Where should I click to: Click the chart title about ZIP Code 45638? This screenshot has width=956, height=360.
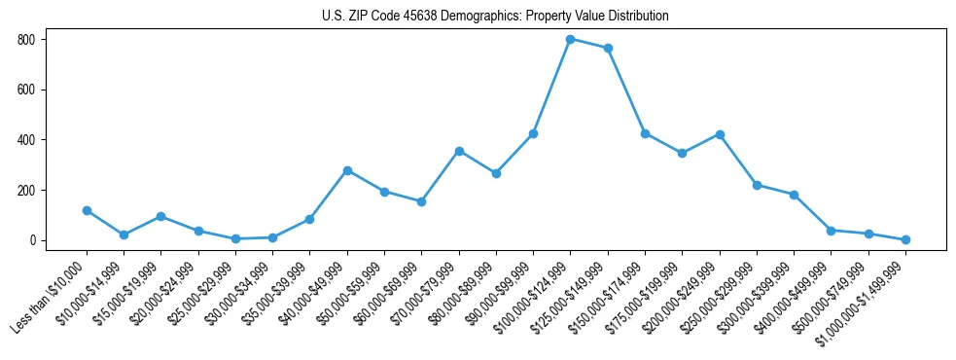[x=495, y=17]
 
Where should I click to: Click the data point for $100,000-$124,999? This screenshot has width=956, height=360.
[x=570, y=39]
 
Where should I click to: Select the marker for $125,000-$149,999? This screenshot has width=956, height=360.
[x=608, y=48]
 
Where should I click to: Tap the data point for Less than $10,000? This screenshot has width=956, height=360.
[x=88, y=210]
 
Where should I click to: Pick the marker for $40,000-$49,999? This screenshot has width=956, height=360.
[x=347, y=170]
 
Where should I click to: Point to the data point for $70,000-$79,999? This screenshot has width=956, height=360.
[x=459, y=151]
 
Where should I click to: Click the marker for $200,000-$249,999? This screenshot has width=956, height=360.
[x=720, y=134]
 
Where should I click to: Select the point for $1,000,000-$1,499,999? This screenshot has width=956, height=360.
[x=905, y=239]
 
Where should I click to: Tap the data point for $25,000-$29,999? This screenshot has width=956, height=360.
[x=236, y=238]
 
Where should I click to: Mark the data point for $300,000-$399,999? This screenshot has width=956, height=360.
[x=794, y=195]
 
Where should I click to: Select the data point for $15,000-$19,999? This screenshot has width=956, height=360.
[x=161, y=216]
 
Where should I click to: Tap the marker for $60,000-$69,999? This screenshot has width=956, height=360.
[x=422, y=201]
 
